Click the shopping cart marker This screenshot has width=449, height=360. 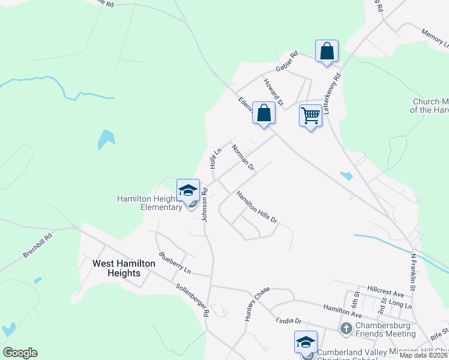point(310,115)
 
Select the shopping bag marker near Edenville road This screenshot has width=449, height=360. point(264,112)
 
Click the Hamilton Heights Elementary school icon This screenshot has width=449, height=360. point(188,191)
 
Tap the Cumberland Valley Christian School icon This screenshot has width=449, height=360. point(306,343)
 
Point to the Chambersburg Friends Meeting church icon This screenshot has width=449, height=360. point(346,328)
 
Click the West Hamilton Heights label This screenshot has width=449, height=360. point(116,268)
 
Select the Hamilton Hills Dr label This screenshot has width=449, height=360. point(257,207)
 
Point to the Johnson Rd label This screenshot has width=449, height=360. point(205,205)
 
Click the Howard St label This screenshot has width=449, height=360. point(273,88)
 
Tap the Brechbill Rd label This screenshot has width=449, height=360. point(38,245)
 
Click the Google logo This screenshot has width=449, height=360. point(20,353)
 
